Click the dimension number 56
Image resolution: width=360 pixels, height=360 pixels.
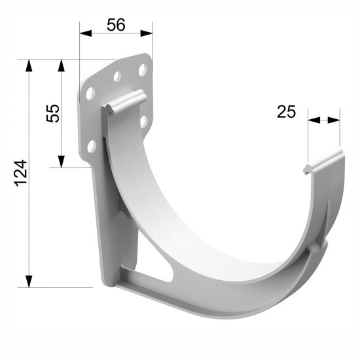[x=115, y=24]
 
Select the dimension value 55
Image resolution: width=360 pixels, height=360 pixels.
[x=53, y=113]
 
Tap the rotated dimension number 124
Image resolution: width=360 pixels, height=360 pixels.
[x=20, y=173]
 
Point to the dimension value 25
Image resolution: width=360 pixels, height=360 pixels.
[x=287, y=111]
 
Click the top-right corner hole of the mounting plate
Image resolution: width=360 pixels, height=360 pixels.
[x=141, y=68]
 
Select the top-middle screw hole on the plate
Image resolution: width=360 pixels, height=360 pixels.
[x=117, y=77]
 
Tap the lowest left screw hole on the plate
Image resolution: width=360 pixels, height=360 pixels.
[x=92, y=145]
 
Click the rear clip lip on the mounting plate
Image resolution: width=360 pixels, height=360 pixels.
[x=124, y=101]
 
